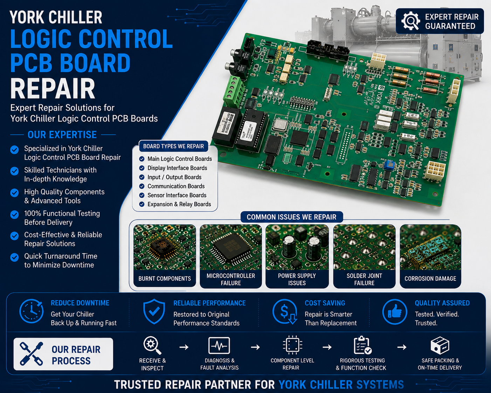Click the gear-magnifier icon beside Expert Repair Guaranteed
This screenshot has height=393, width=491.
point(410,21)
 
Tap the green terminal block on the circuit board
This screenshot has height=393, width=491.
point(233,91)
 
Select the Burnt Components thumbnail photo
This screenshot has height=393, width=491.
point(165,247)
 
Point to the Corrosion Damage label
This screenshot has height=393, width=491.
point(430,278)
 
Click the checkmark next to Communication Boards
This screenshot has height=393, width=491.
point(142,186)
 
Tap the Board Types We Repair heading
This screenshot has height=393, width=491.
point(173,146)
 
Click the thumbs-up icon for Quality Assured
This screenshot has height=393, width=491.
point(395,311)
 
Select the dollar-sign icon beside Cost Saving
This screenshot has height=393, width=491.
point(285,312)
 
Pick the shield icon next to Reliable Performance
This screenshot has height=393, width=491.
point(154,311)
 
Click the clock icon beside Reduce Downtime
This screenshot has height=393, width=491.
point(32,311)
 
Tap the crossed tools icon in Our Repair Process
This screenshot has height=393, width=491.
point(31,353)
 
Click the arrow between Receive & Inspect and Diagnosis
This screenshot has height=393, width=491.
point(184,347)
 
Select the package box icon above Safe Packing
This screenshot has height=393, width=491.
point(440,345)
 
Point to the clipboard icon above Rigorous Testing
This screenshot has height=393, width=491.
point(362,345)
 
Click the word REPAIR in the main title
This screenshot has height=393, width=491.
point(53,89)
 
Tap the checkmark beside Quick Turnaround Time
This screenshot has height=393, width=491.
point(14,257)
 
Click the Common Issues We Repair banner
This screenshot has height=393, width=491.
point(292,217)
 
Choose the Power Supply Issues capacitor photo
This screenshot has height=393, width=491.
point(297,247)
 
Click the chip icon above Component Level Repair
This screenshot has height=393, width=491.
point(292,345)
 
